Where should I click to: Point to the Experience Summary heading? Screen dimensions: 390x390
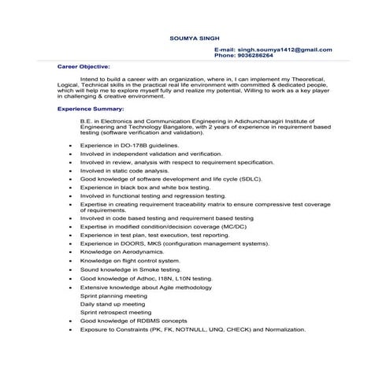point(91,107)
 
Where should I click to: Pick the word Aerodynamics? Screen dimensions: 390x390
point(142,252)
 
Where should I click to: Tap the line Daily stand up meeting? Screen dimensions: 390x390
point(113,303)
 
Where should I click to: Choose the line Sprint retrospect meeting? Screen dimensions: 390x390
point(117,312)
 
